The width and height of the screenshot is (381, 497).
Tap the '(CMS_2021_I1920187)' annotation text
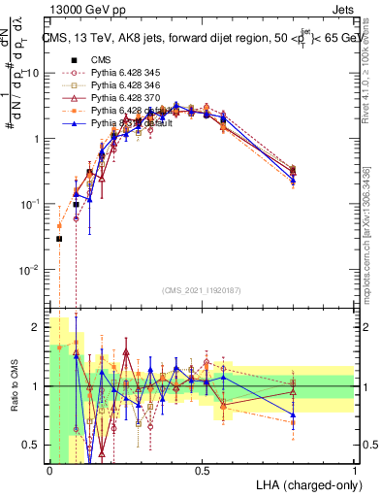pyautogui.click(x=201, y=290)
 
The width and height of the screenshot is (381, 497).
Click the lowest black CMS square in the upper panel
pyautogui.click(x=59, y=239)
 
